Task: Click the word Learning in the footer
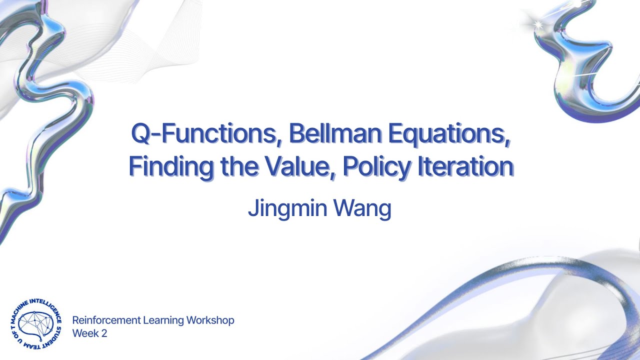click(161, 320)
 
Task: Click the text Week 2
click(89, 333)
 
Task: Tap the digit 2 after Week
click(104, 333)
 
